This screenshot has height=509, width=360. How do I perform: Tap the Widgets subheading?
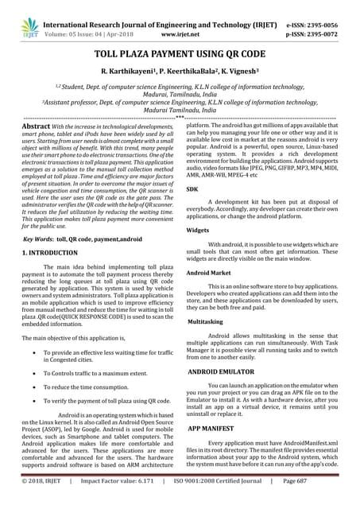tap(198, 229)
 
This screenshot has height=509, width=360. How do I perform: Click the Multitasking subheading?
tap(206, 322)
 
